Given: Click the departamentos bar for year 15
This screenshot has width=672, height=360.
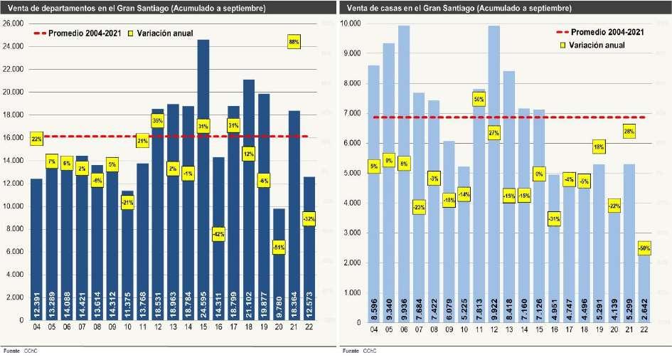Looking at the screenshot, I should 203,178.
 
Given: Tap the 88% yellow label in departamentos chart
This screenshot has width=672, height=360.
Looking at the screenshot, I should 294,42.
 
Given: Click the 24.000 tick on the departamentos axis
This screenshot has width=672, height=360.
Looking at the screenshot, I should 14,46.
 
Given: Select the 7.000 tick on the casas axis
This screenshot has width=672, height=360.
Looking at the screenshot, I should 352,113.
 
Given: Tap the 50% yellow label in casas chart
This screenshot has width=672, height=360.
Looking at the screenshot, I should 479,100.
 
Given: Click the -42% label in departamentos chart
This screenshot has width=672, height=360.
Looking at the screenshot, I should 218,233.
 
